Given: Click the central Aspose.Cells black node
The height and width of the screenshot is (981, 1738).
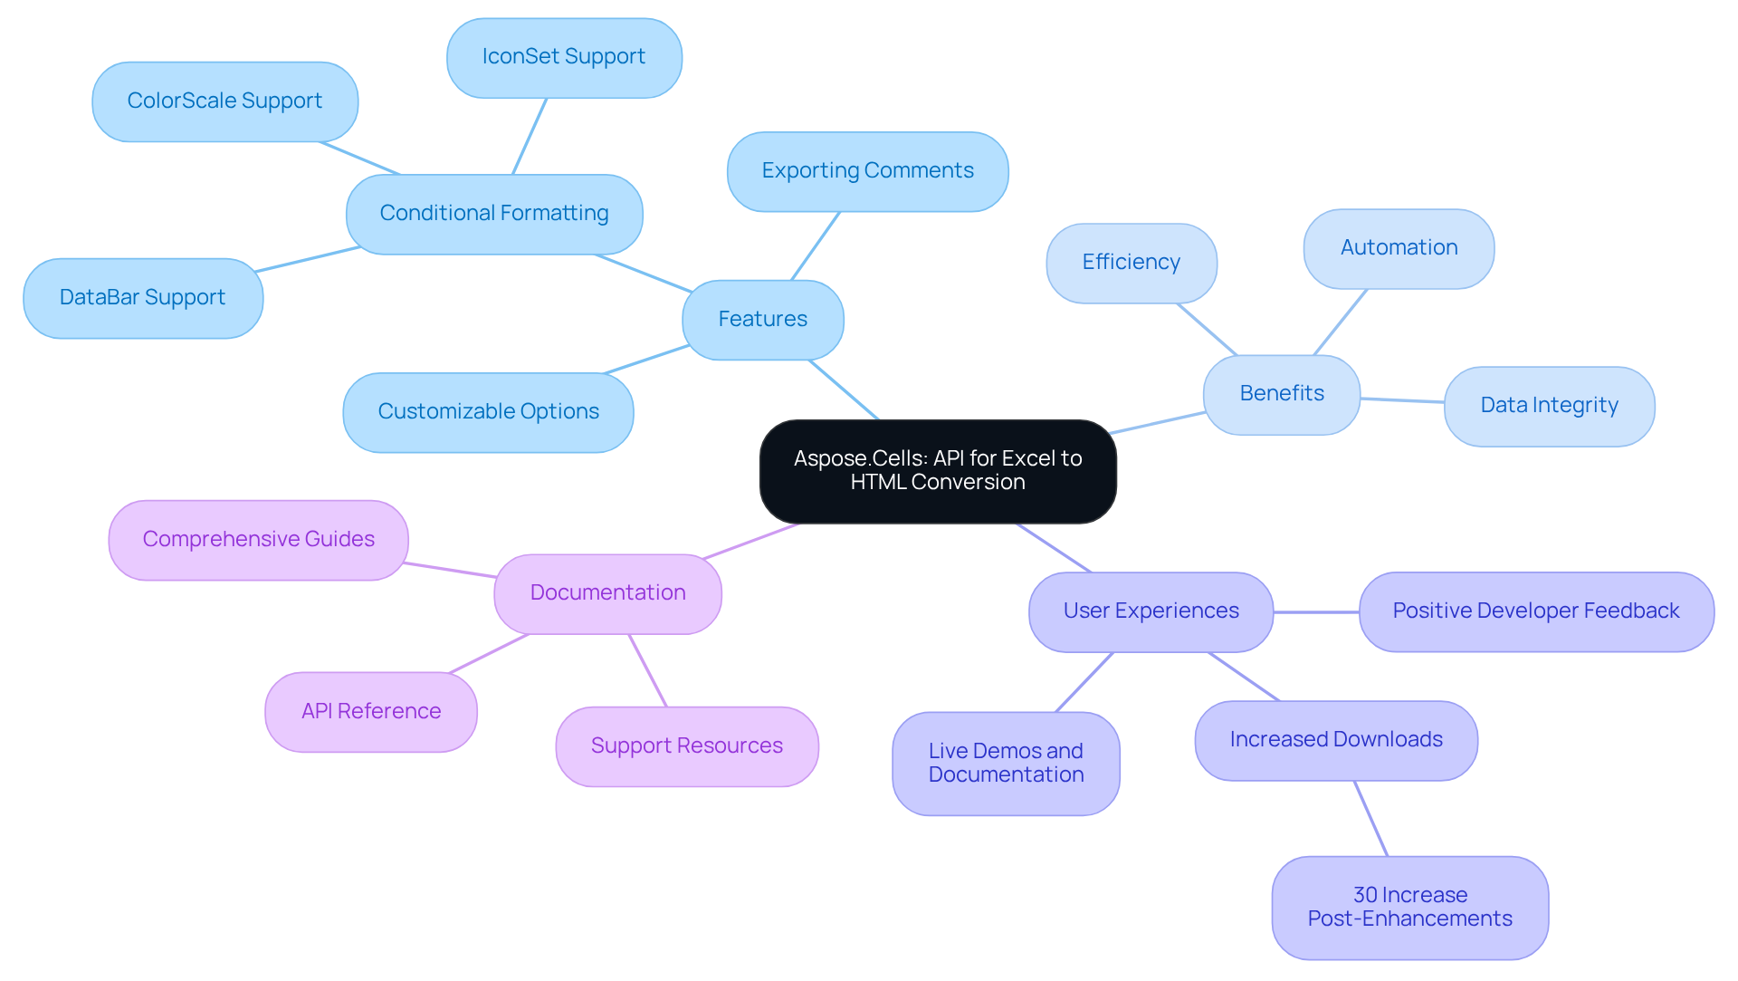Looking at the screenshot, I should click(938, 471).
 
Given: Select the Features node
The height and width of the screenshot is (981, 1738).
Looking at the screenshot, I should click(762, 320).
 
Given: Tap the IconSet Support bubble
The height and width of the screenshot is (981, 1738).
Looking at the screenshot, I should click(564, 58).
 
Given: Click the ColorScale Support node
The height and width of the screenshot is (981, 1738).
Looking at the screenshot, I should click(224, 101).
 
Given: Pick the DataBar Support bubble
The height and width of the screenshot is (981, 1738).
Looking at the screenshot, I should click(143, 298).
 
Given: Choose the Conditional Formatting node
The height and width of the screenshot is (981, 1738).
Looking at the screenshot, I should click(494, 214).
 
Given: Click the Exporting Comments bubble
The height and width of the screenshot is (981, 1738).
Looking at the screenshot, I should click(867, 171).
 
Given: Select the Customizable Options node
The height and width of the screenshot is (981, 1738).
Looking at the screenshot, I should click(488, 412).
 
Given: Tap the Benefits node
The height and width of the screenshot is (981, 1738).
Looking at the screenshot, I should click(1281, 394).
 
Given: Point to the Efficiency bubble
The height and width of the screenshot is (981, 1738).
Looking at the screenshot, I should click(1131, 263).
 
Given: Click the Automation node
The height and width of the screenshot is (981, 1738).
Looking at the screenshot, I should click(1399, 248).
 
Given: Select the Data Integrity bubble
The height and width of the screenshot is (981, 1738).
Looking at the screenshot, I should click(1549, 406).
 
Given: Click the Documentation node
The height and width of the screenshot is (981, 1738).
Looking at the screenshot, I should click(607, 593).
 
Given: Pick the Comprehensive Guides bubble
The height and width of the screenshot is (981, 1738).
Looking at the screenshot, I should click(258, 540).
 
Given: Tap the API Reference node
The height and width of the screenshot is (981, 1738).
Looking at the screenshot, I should click(371, 711).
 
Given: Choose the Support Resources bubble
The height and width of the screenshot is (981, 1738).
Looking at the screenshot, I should click(686, 746).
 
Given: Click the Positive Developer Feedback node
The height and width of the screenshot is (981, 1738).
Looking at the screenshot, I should click(1535, 611).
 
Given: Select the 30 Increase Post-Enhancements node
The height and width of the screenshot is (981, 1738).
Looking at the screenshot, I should click(1409, 907).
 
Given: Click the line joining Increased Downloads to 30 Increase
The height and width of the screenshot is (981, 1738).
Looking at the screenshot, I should click(1370, 818).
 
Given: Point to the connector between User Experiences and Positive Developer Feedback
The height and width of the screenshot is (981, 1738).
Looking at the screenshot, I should click(1316, 612).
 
